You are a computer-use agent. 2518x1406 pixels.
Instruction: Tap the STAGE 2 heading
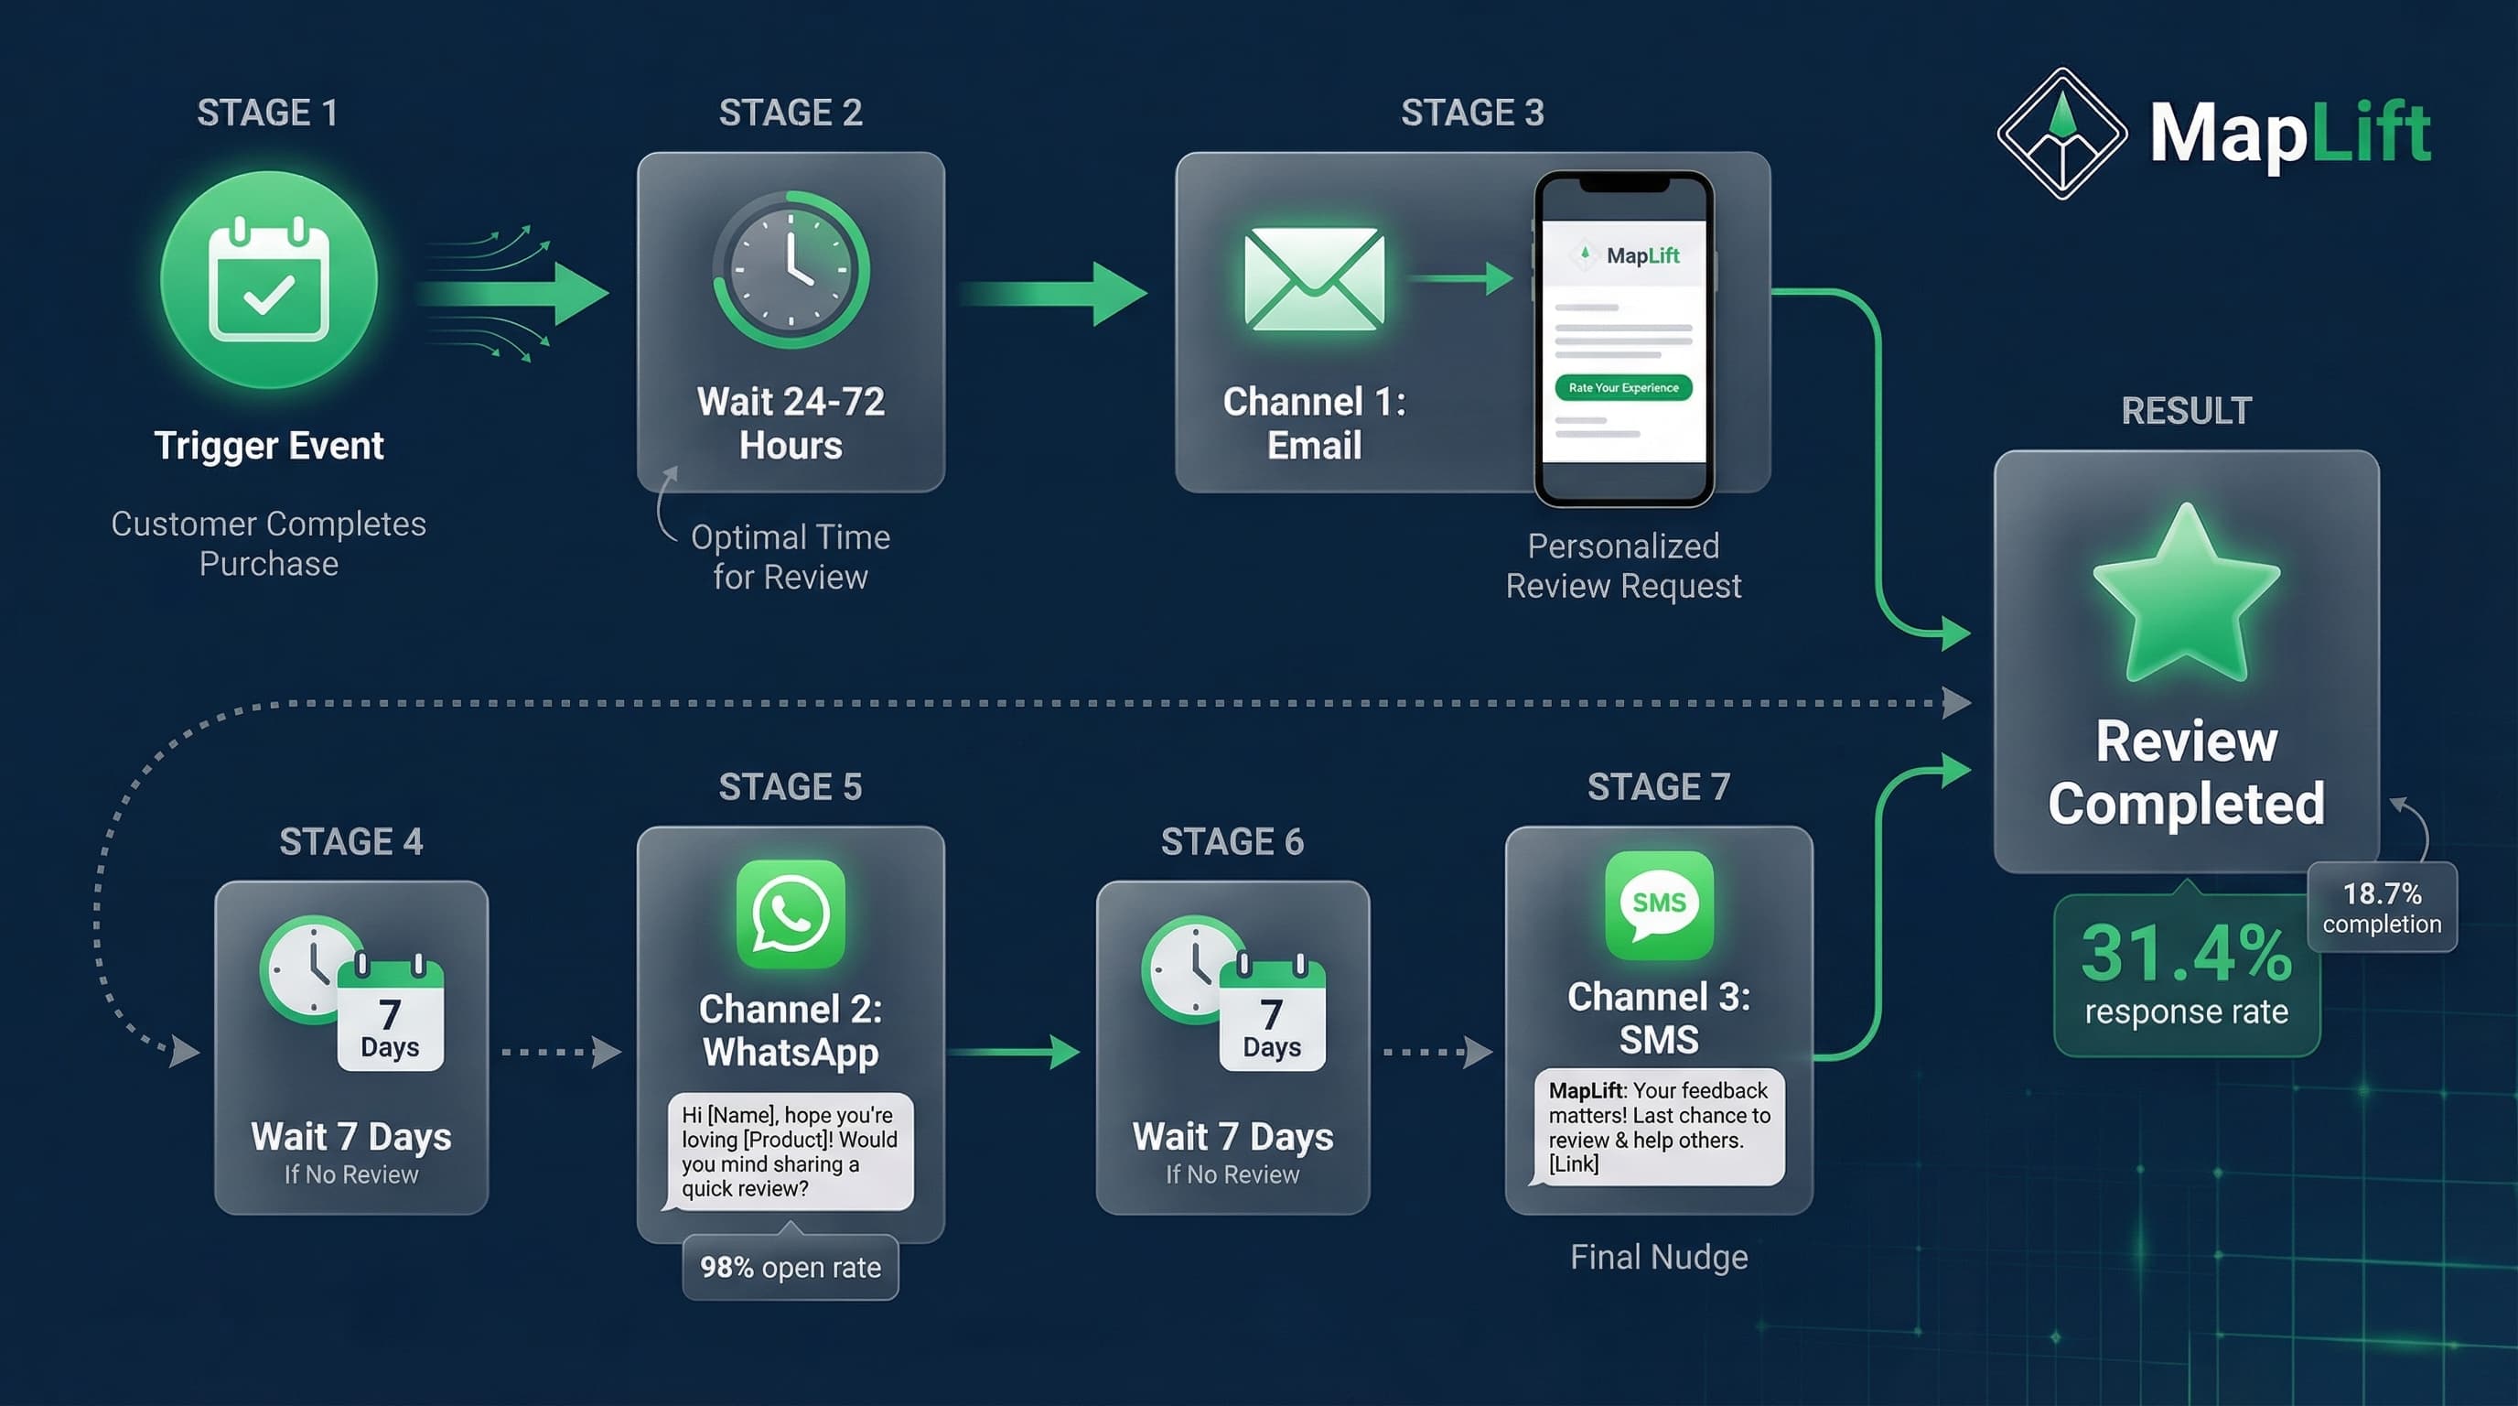click(x=790, y=113)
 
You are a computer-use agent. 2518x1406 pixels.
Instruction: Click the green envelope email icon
click(x=1314, y=278)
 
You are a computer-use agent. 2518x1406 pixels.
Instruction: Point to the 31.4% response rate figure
click(x=2186, y=952)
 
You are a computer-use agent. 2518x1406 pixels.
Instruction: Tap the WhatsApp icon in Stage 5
click(x=790, y=914)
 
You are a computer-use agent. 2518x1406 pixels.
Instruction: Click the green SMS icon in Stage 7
click(x=1659, y=904)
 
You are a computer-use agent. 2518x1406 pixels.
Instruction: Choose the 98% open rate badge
click(x=790, y=1267)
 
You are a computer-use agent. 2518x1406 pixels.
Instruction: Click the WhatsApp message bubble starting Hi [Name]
click(x=790, y=1151)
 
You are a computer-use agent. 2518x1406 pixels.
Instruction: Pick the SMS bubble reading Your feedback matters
click(x=1659, y=1127)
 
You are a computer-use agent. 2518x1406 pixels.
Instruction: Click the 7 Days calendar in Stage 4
click(x=390, y=1017)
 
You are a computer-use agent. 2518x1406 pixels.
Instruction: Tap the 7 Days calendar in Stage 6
click(x=1272, y=1017)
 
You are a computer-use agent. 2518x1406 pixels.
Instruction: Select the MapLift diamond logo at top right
click(x=2061, y=133)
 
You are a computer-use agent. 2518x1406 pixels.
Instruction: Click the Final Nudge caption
click(x=1659, y=1257)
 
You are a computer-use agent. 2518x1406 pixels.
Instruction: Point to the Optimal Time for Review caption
click(x=790, y=557)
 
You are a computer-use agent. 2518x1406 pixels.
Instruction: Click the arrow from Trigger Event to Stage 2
click(x=513, y=292)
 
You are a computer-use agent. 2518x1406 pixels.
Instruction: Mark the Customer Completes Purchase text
click(x=269, y=544)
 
